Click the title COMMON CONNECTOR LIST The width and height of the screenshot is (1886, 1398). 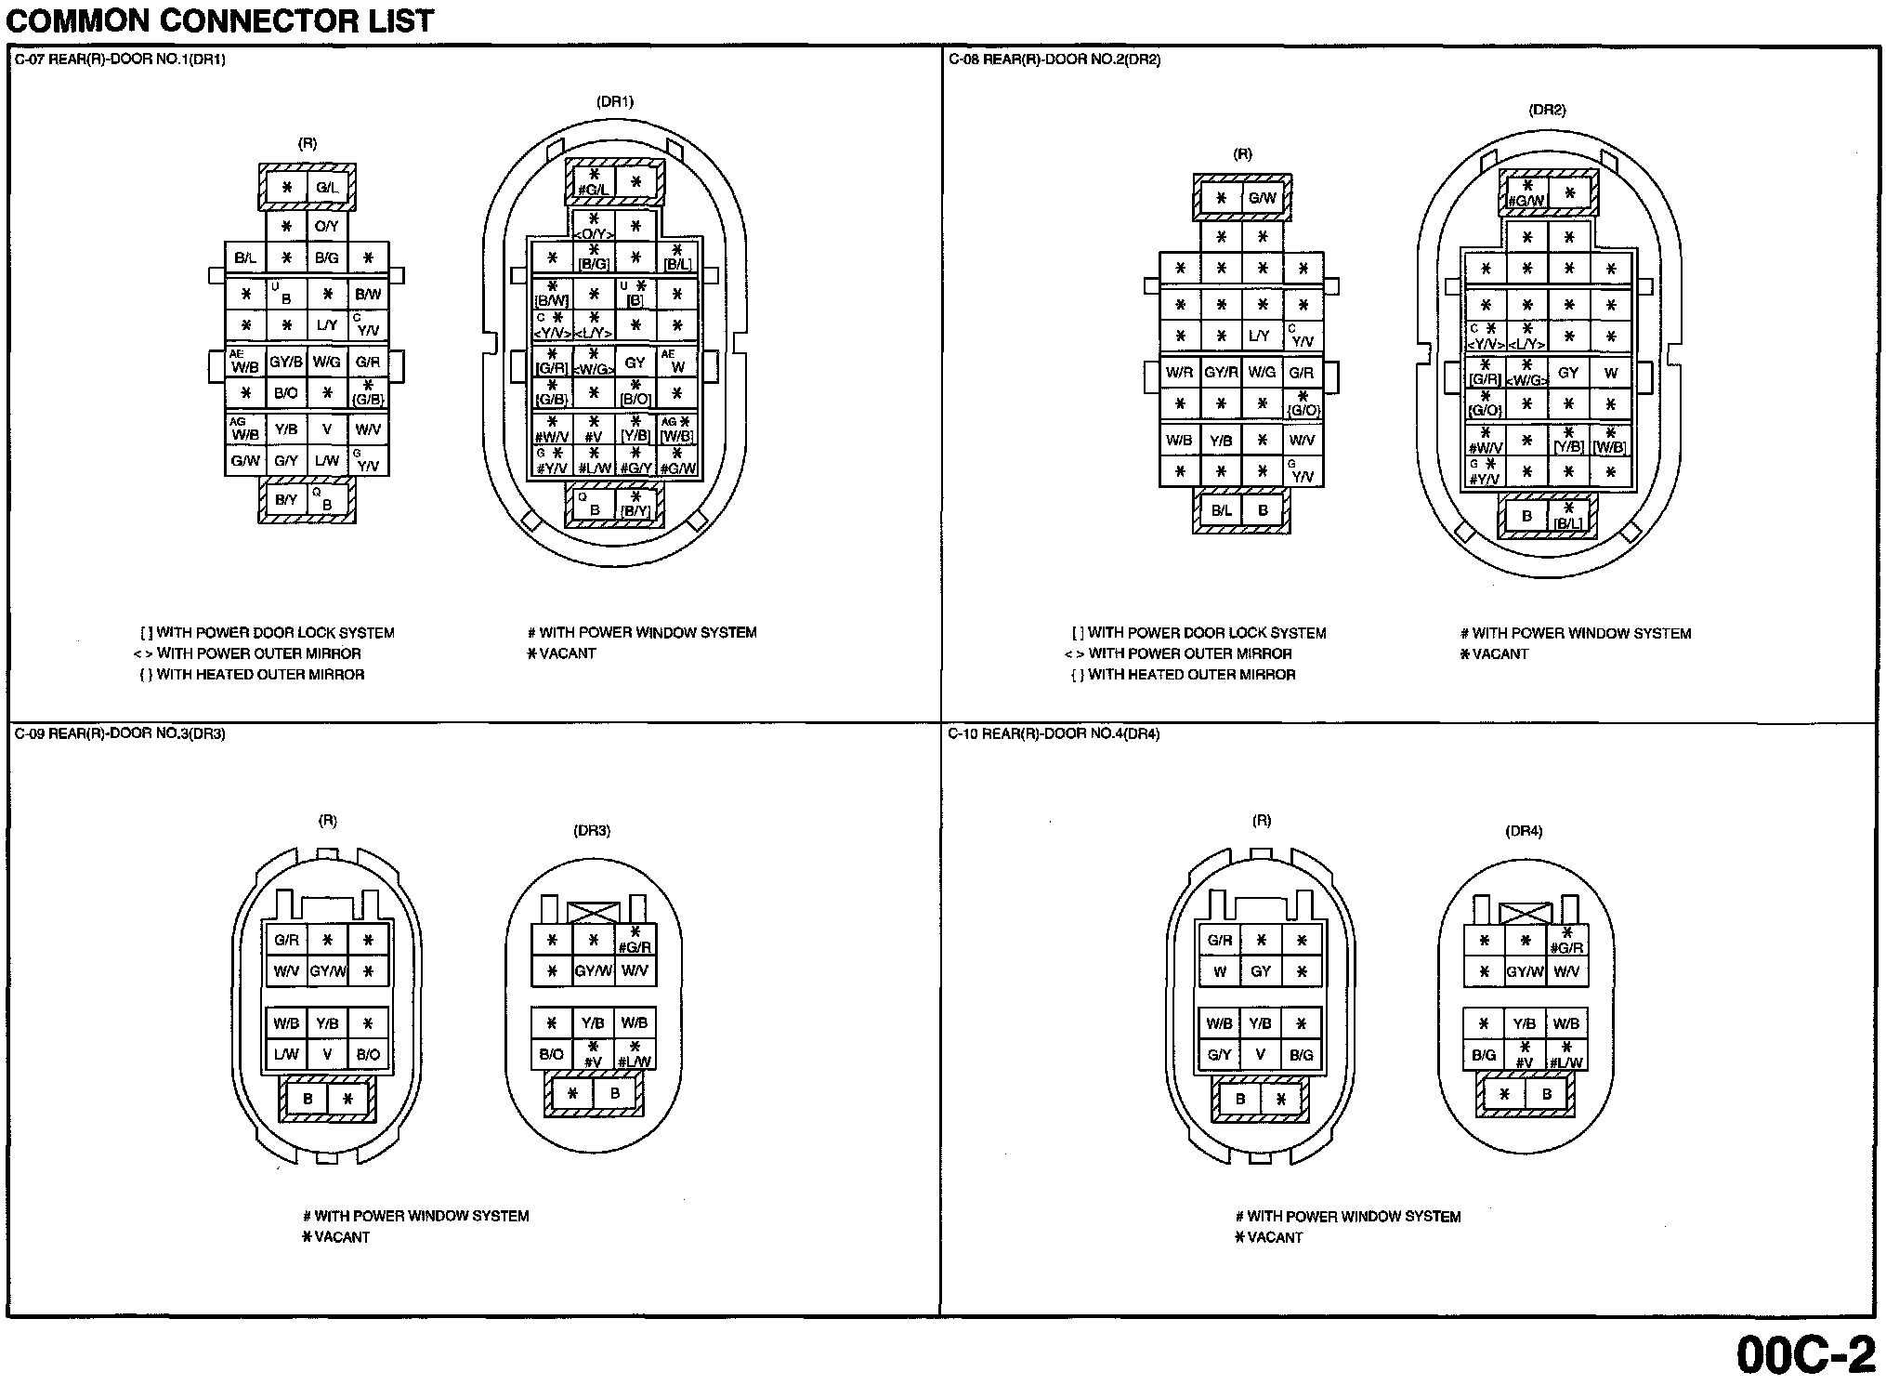220,20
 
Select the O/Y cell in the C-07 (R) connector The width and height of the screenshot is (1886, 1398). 327,227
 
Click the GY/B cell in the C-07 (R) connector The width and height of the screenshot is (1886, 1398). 285,363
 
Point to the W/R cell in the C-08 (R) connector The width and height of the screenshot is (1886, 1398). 1179,373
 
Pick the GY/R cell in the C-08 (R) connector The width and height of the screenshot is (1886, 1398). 1221,373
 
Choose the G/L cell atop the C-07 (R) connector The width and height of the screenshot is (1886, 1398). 327,188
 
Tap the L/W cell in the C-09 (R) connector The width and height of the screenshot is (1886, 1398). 286,1055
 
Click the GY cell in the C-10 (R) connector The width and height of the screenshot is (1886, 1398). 1261,971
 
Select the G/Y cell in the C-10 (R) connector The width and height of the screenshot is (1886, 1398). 1219,1055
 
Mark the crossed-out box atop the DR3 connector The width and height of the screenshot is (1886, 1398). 593,913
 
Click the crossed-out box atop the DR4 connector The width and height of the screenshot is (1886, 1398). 1526,914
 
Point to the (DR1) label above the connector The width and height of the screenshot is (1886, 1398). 614,102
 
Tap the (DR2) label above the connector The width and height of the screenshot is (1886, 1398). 1547,110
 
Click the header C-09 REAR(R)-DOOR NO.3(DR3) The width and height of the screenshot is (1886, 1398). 120,734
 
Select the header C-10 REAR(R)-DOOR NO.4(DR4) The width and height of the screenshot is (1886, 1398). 1054,734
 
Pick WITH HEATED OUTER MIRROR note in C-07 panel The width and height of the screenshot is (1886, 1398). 252,675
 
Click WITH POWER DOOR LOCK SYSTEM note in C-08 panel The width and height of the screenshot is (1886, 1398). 1199,633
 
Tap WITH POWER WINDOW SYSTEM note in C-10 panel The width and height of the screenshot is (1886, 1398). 1348,1217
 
